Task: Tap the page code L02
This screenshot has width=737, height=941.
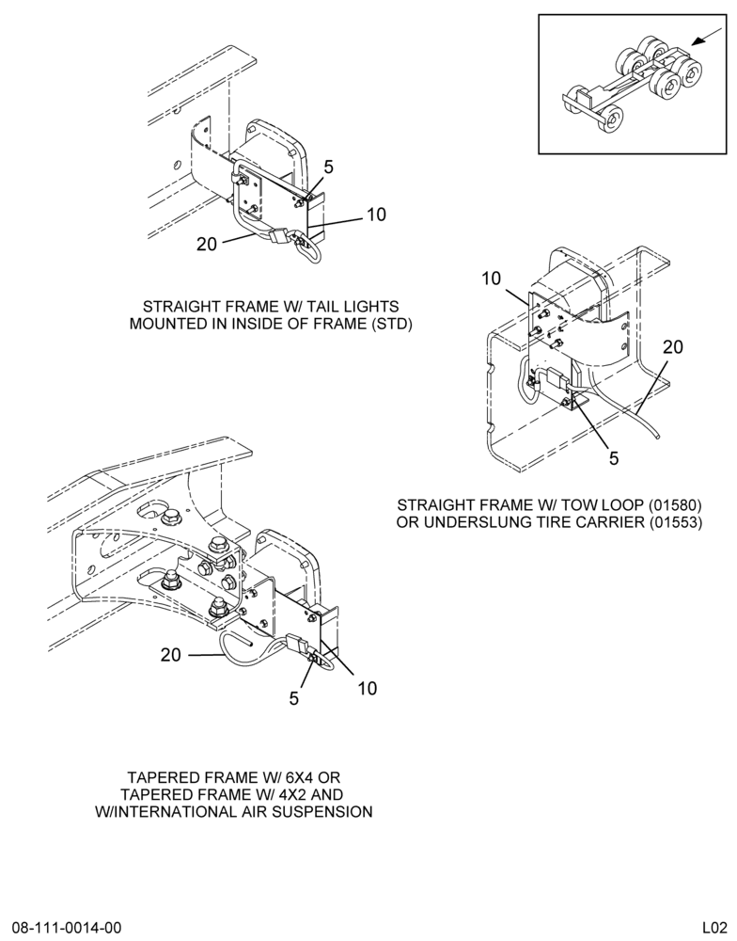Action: click(716, 927)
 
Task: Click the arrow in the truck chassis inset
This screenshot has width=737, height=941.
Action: click(706, 38)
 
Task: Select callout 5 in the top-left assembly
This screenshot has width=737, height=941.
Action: click(328, 167)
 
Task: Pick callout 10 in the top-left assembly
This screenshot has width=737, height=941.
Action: click(376, 215)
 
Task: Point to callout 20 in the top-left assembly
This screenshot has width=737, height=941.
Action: click(207, 245)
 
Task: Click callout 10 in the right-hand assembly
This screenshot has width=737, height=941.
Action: click(491, 279)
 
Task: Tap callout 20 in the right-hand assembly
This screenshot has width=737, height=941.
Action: click(673, 347)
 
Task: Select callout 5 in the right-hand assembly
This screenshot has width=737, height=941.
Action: click(614, 458)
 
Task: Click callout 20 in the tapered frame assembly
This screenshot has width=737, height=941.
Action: click(171, 655)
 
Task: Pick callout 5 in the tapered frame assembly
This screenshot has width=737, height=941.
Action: click(294, 698)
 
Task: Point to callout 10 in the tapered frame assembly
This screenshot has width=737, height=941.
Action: click(367, 688)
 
